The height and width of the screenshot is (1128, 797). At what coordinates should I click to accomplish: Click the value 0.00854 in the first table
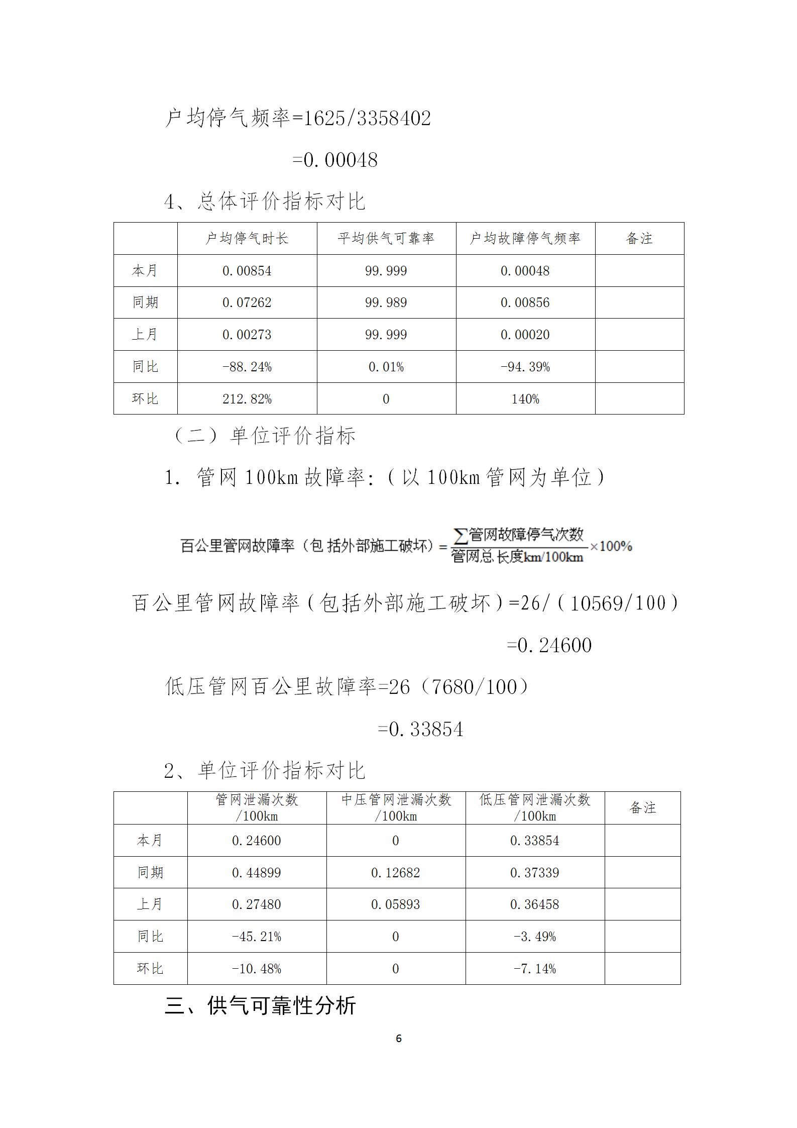click(247, 271)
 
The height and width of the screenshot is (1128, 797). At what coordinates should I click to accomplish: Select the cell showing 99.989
click(386, 302)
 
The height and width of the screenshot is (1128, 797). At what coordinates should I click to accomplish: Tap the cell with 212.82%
click(247, 399)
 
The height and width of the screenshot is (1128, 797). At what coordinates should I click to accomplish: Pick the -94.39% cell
click(525, 367)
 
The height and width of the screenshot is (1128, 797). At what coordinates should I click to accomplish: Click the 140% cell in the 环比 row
click(525, 399)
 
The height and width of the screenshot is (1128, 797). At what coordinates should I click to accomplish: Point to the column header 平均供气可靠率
click(386, 238)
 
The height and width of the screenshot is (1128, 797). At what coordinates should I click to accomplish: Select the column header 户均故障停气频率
click(525, 238)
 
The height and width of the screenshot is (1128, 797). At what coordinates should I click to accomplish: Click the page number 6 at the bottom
click(399, 1038)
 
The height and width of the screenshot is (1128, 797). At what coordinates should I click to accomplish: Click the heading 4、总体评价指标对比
click(265, 201)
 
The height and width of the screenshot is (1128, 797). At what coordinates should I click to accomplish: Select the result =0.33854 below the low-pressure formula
click(420, 729)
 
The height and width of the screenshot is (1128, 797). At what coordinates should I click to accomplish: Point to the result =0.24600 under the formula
click(549, 645)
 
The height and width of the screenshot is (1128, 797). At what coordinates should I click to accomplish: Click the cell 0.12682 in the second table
click(395, 873)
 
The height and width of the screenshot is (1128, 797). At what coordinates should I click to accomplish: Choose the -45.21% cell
click(257, 937)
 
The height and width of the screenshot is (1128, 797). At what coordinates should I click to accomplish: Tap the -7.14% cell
click(534, 969)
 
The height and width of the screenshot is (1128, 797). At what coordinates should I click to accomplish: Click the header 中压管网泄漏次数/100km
click(396, 807)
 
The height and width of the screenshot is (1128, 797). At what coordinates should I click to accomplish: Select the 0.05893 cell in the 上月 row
click(395, 904)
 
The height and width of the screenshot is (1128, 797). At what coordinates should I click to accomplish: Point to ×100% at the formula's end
click(611, 546)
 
